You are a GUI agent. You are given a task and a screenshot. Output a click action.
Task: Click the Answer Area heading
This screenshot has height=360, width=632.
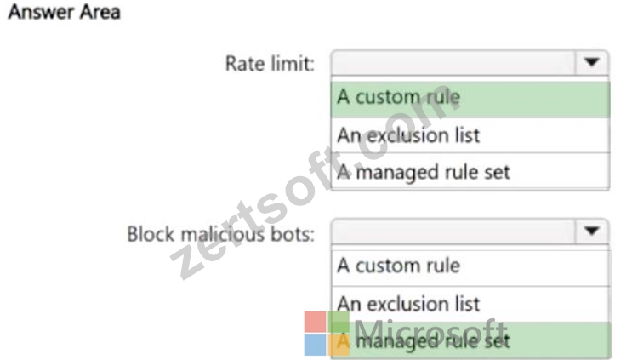click(x=64, y=12)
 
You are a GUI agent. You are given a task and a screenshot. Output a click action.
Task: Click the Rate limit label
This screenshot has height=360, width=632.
click(x=270, y=64)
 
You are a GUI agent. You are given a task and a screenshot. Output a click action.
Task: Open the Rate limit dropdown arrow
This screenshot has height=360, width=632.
click(x=591, y=62)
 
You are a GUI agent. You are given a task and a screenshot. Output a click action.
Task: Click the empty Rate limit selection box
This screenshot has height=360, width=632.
click(x=453, y=62)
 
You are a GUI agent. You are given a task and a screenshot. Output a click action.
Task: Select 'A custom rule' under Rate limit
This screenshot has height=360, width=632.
click(x=399, y=97)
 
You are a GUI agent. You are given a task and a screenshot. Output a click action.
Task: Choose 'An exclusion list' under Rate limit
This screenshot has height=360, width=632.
click(x=408, y=135)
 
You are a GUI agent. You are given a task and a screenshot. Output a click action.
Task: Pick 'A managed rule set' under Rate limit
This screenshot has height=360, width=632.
click(x=424, y=172)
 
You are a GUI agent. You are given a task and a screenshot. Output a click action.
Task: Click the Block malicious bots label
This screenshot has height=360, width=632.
click(x=220, y=234)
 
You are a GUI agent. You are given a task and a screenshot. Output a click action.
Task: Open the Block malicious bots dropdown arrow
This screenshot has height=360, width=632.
click(x=591, y=231)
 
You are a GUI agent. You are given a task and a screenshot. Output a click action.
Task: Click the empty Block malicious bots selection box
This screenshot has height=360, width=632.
click(x=453, y=231)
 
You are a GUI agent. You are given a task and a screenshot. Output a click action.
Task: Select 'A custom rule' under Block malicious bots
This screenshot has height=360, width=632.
click(x=399, y=266)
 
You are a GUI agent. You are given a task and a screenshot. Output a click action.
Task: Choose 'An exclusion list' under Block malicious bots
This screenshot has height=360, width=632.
click(x=408, y=304)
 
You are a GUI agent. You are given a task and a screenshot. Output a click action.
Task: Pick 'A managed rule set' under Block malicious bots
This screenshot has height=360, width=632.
click(x=424, y=341)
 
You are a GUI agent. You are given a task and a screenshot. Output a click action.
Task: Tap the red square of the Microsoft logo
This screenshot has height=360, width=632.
click(x=315, y=322)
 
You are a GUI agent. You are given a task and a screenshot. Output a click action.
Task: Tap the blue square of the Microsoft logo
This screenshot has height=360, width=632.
click(x=315, y=346)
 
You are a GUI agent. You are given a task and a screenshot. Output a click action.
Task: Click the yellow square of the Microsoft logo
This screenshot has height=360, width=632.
click(x=339, y=346)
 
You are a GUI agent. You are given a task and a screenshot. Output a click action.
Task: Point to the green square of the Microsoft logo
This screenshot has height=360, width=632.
click(x=339, y=322)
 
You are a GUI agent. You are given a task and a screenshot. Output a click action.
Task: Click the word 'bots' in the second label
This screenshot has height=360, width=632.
click(x=293, y=234)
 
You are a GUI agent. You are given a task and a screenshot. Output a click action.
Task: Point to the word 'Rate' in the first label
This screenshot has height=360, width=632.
click(x=242, y=64)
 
